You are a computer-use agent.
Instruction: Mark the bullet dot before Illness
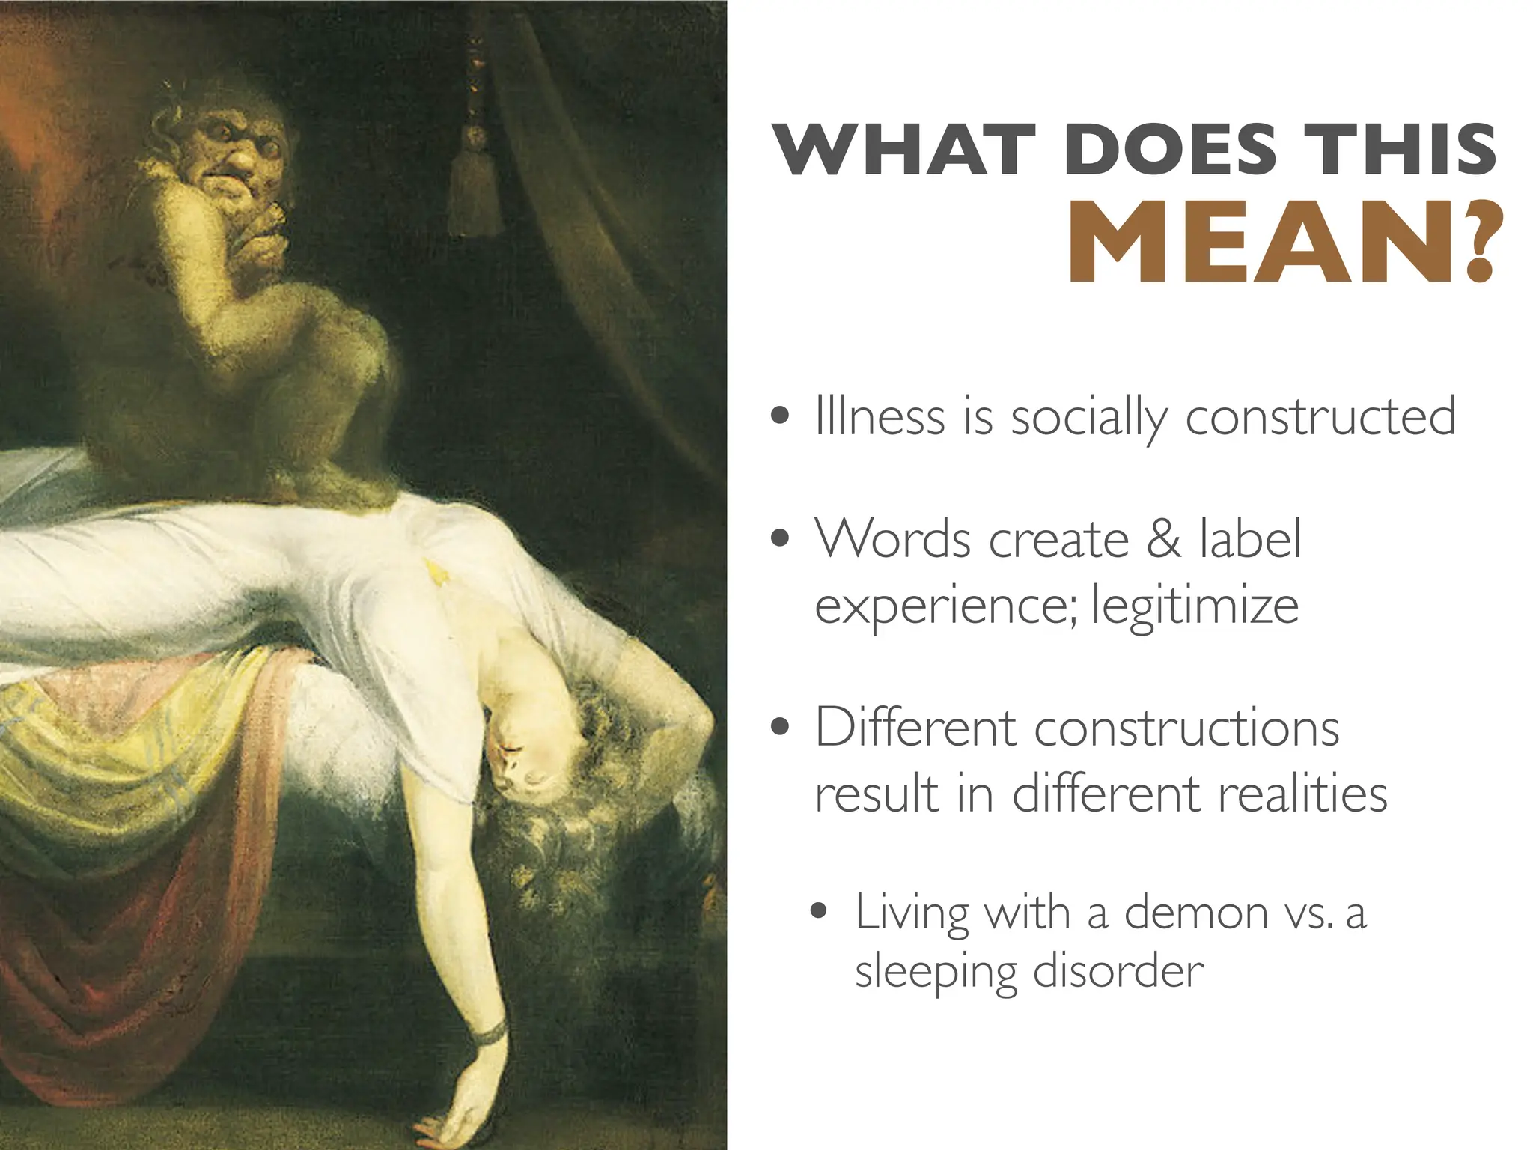(781, 417)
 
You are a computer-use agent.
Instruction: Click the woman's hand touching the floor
(457, 1116)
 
